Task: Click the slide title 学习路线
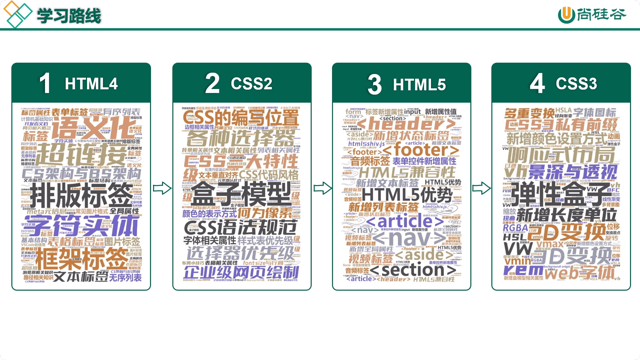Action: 69,16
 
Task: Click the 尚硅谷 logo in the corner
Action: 592,15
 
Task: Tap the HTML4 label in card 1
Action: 91,84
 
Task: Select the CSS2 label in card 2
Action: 251,84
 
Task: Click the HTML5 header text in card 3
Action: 419,85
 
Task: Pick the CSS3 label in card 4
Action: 576,84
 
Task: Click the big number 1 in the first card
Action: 45,83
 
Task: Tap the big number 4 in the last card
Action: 537,83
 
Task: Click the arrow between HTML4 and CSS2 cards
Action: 162,188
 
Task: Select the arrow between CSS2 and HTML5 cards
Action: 322,188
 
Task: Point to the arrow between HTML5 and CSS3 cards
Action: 481,188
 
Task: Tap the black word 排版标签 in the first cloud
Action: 81,196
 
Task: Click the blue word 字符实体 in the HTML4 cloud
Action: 83,226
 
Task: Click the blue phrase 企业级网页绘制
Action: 241,272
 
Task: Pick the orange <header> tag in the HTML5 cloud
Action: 406,124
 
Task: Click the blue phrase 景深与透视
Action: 573,172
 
